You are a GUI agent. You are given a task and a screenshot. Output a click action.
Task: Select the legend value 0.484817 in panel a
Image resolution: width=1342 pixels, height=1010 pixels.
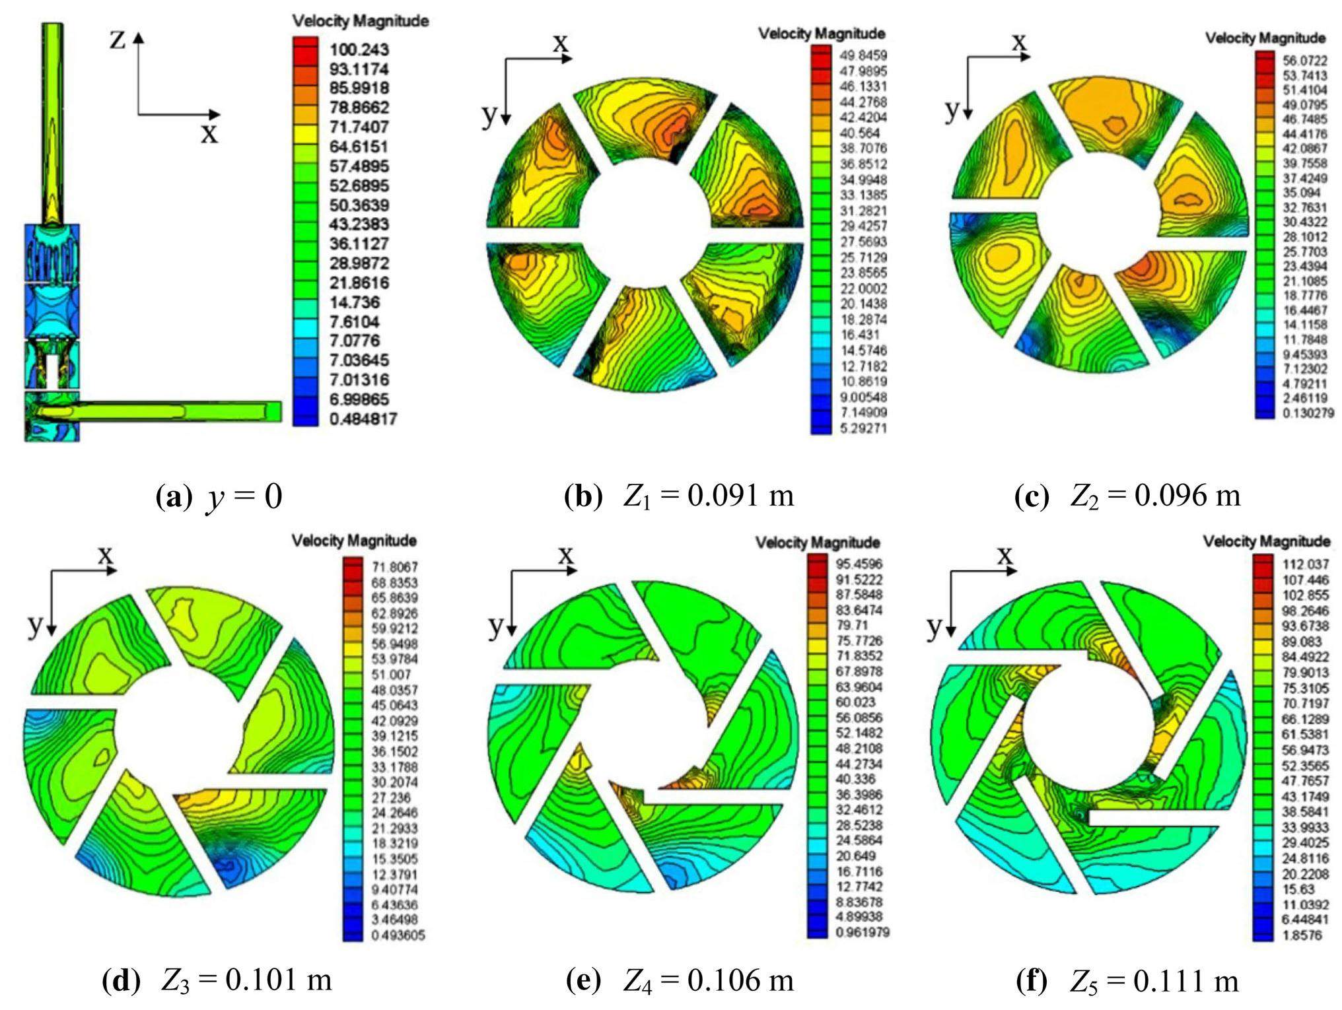[x=363, y=419]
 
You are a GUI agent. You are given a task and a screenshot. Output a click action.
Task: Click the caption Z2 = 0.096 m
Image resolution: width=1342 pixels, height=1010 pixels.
[x=1127, y=495]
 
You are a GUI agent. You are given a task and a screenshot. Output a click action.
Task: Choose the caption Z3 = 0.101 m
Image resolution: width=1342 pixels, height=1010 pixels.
[x=217, y=980]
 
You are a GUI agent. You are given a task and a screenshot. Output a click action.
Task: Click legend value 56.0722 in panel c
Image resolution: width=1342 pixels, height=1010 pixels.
[x=1304, y=61]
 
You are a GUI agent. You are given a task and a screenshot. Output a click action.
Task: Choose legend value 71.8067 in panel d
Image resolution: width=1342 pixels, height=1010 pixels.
[x=394, y=567]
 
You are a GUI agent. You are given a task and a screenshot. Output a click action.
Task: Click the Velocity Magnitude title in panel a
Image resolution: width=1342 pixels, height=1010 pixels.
[x=361, y=21]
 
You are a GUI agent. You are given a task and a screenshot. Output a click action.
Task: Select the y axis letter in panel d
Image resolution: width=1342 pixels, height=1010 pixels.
[x=34, y=623]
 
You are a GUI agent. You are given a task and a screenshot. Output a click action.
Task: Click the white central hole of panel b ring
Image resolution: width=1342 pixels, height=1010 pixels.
[x=644, y=231]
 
